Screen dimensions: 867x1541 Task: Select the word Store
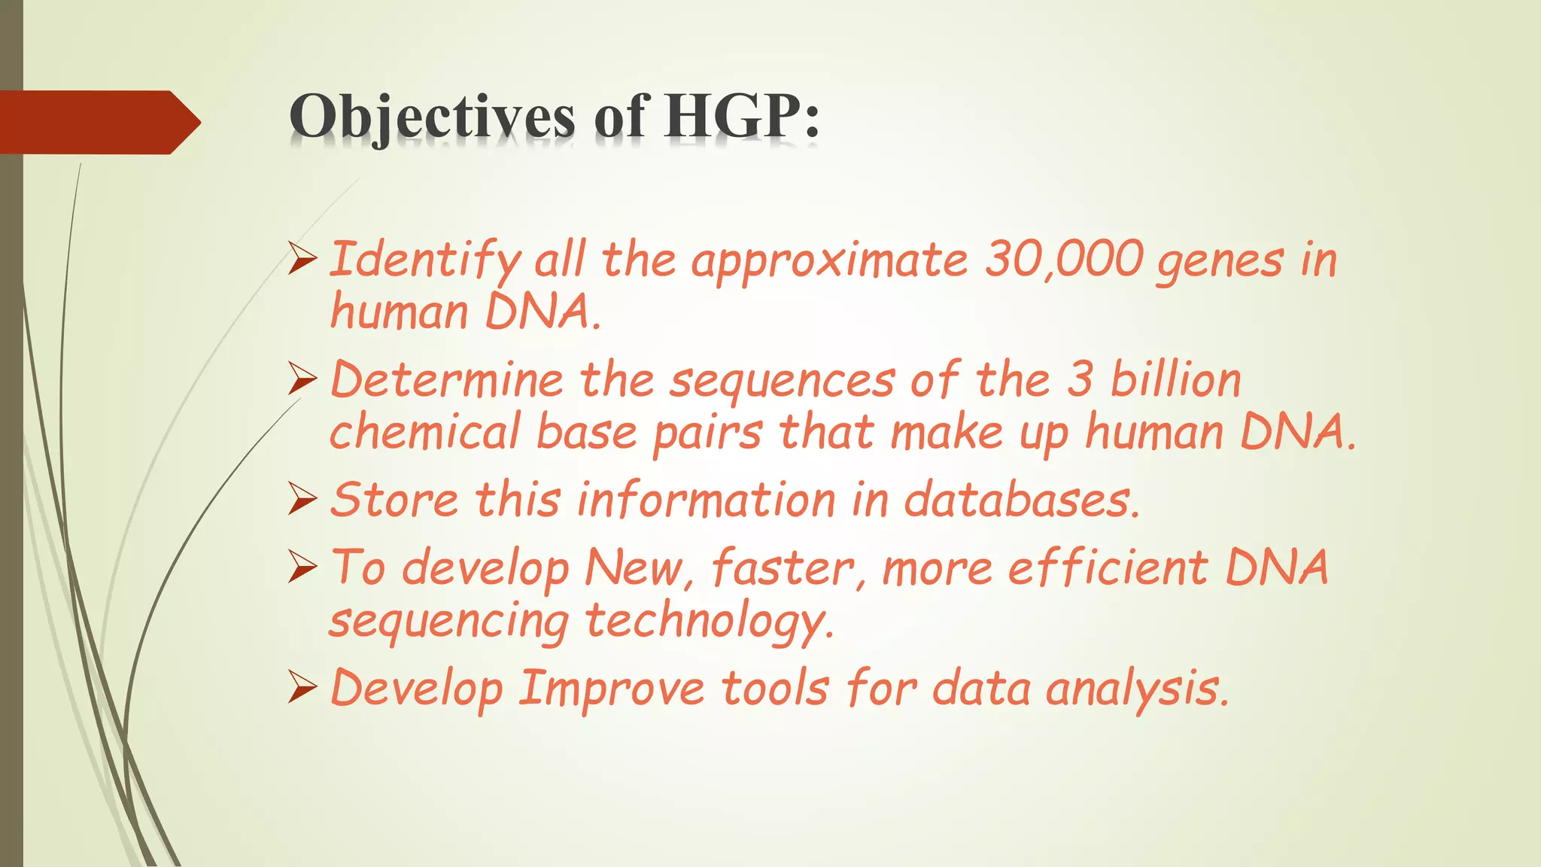[395, 500]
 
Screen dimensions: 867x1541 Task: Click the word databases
[1020, 500]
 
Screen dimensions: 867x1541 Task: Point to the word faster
[781, 567]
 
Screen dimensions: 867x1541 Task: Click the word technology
[709, 622]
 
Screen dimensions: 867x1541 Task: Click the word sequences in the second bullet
[782, 381]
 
